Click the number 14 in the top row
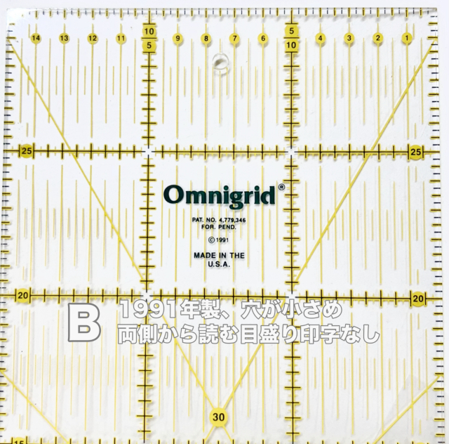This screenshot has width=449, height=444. pyautogui.click(x=35, y=37)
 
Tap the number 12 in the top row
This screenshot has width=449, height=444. pyautogui.click(x=93, y=37)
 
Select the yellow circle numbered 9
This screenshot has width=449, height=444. pyautogui.click(x=178, y=37)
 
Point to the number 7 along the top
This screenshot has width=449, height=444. pyautogui.click(x=234, y=37)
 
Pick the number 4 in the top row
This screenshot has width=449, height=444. pyautogui.click(x=320, y=37)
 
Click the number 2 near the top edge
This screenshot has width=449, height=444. pyautogui.click(x=377, y=37)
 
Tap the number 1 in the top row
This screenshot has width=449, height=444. pyautogui.click(x=406, y=37)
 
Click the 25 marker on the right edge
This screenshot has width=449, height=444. pyautogui.click(x=415, y=152)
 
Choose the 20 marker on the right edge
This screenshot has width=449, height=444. pyautogui.click(x=419, y=299)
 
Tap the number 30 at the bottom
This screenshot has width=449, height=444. pyautogui.click(x=218, y=417)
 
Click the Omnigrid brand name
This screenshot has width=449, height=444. pyautogui.click(x=220, y=193)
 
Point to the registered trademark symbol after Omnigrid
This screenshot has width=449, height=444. pyautogui.click(x=281, y=188)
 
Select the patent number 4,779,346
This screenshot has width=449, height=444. pyautogui.click(x=231, y=220)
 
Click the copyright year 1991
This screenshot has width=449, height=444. pyautogui.click(x=221, y=239)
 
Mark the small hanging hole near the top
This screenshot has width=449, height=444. pyautogui.click(x=220, y=62)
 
